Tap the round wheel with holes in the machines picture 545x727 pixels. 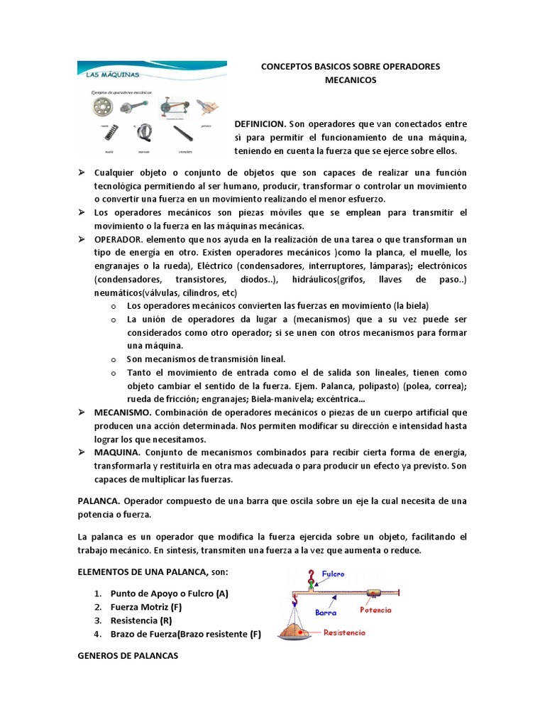click(x=103, y=108)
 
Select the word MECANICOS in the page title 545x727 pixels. click(x=350, y=80)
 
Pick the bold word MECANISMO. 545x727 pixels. click(x=122, y=412)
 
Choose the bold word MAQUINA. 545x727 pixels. click(x=116, y=452)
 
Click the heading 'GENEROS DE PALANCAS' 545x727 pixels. click(x=128, y=656)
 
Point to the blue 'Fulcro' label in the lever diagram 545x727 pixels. click(x=334, y=573)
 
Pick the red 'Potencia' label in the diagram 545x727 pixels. click(x=375, y=610)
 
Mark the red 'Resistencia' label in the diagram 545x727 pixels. click(x=344, y=632)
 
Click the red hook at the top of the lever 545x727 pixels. click(x=309, y=576)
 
